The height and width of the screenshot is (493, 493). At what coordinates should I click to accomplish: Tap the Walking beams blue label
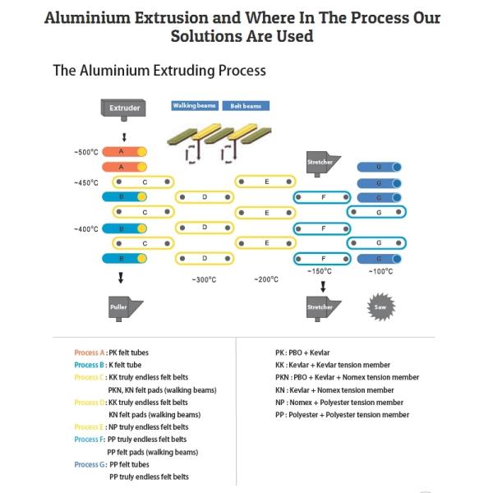click(x=195, y=106)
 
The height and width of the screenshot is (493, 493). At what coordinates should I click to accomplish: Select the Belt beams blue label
click(x=246, y=106)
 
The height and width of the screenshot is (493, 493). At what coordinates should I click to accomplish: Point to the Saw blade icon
click(x=380, y=306)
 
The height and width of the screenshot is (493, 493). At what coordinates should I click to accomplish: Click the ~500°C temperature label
click(x=86, y=152)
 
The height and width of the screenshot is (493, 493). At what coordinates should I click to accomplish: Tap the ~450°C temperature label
click(x=86, y=182)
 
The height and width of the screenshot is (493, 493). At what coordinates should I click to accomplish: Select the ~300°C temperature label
click(x=204, y=279)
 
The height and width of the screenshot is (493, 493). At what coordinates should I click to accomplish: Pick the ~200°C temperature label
click(x=266, y=279)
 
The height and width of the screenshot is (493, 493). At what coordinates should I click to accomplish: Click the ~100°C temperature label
click(x=380, y=271)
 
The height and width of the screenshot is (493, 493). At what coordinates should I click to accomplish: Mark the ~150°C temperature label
click(x=320, y=271)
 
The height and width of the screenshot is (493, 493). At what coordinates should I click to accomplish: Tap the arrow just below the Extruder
click(x=124, y=137)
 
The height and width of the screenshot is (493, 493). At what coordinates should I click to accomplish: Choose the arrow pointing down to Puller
click(x=121, y=278)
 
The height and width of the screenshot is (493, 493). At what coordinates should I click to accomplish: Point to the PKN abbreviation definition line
click(x=347, y=377)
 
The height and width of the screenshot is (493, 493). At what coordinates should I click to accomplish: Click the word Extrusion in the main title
click(x=172, y=17)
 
